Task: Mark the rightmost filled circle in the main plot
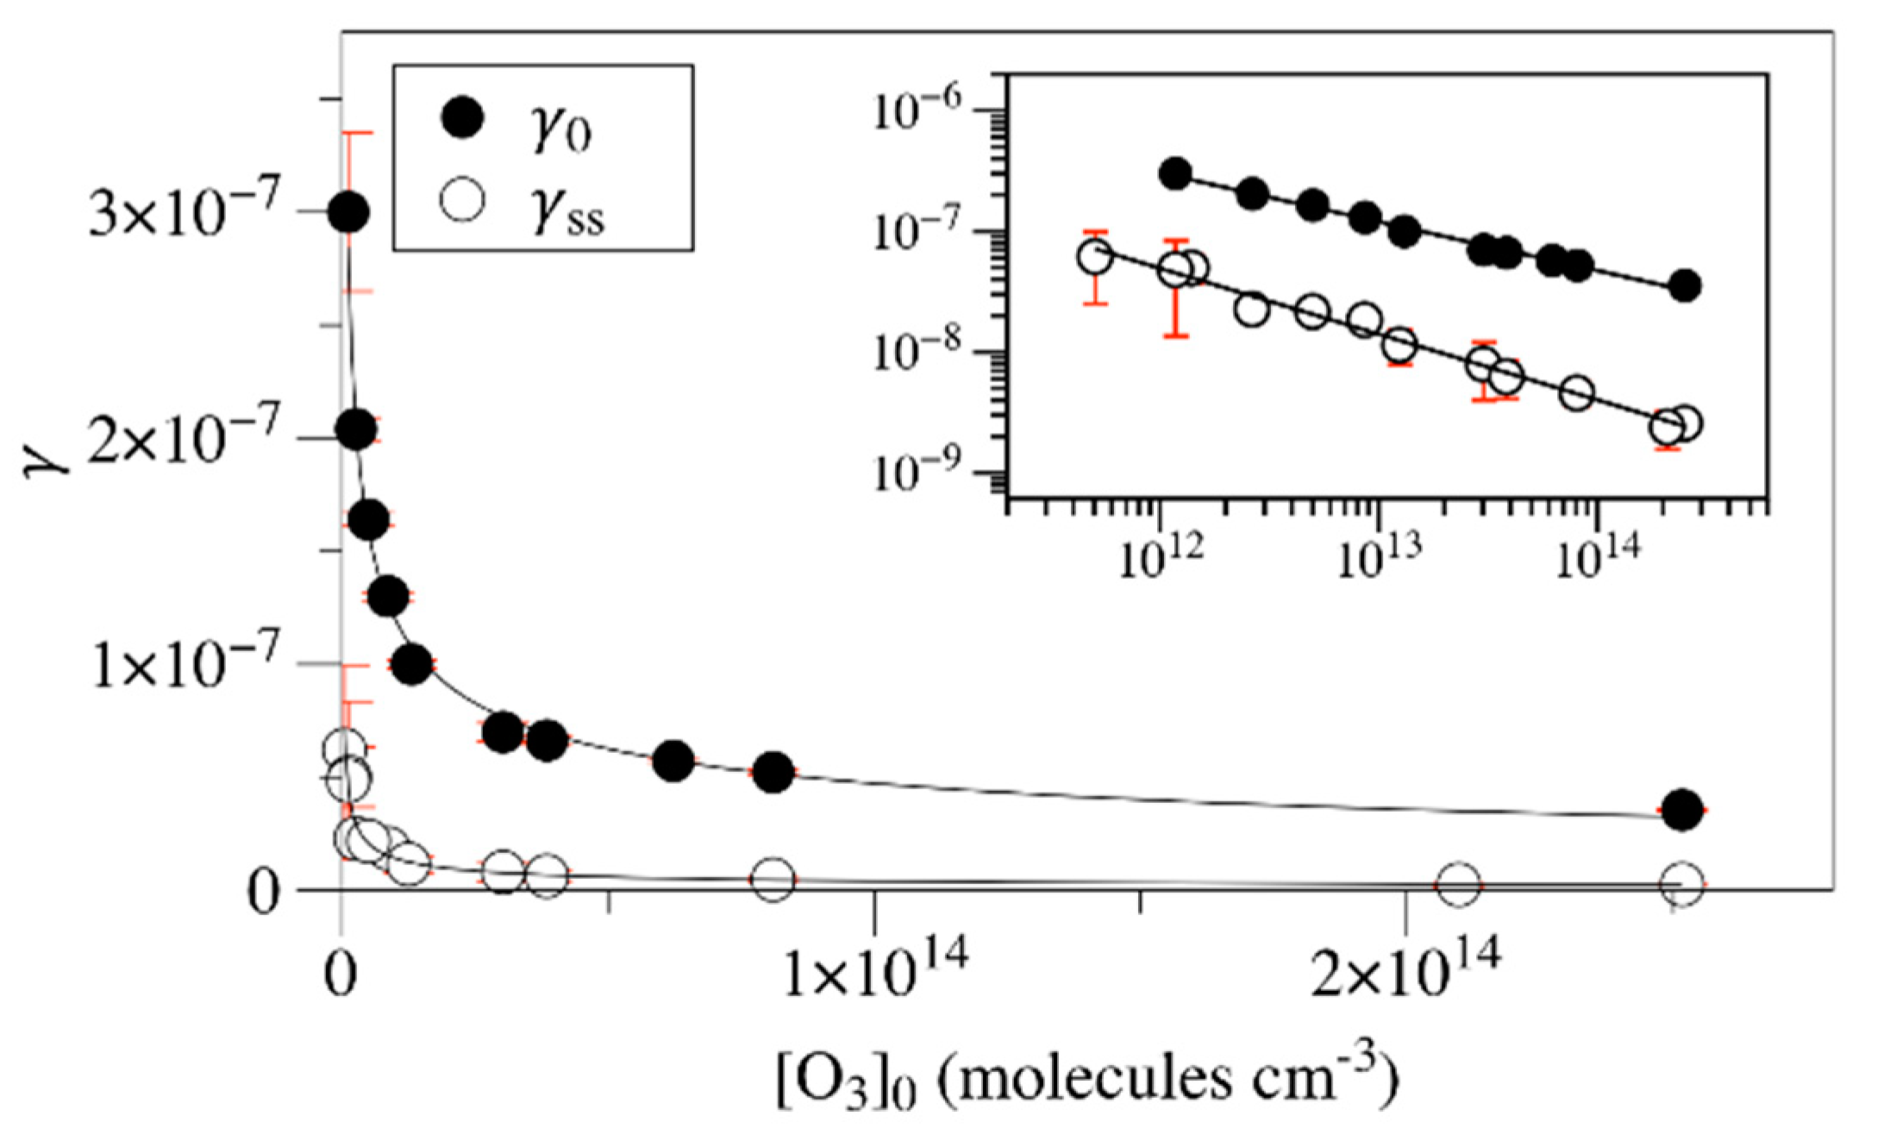1682,810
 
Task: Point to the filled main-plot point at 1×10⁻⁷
411,664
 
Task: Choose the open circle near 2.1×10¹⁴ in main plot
1459,882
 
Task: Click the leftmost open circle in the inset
1095,256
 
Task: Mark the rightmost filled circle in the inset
1685,285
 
